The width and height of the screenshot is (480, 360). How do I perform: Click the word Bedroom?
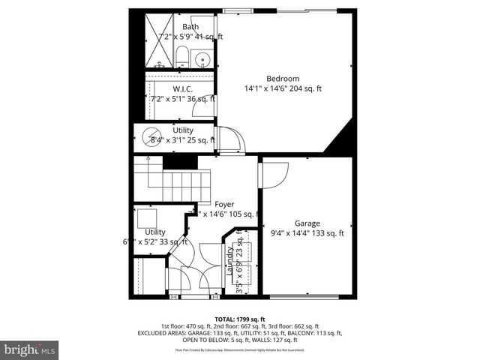[x=283, y=79]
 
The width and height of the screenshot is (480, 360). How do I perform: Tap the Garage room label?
[x=307, y=223]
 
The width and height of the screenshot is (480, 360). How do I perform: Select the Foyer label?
[x=224, y=204]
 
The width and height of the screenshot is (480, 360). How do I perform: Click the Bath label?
[x=190, y=27]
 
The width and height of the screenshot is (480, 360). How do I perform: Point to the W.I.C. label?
[x=183, y=88]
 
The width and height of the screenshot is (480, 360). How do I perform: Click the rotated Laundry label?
[x=230, y=262]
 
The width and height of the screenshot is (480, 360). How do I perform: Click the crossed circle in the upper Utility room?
[x=145, y=137]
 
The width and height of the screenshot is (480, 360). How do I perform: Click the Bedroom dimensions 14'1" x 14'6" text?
[x=283, y=88]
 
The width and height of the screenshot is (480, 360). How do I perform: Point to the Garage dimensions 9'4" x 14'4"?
[x=307, y=232]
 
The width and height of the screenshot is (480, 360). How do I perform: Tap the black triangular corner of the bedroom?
[x=341, y=139]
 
